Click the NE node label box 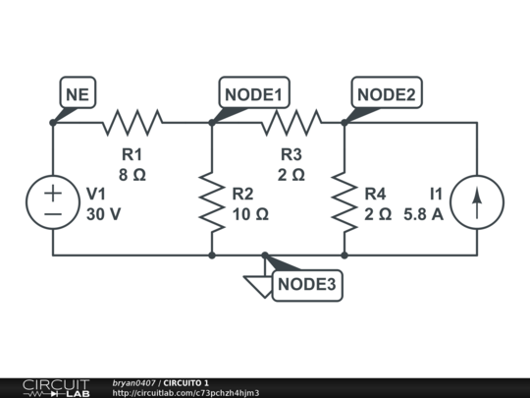click(x=76, y=93)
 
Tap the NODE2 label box click(x=387, y=93)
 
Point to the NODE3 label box click(x=307, y=285)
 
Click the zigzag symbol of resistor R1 click(x=132, y=123)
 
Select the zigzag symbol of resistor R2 click(x=212, y=201)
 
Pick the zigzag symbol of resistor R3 click(x=291, y=123)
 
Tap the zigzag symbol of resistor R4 click(x=344, y=201)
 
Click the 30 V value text click(x=104, y=213)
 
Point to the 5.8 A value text click(x=423, y=213)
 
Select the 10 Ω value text click(x=250, y=213)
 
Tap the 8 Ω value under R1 click(x=132, y=174)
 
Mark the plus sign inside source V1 click(x=53, y=194)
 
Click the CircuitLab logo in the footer click(x=55, y=387)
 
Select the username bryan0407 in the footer click(x=134, y=382)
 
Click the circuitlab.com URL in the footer click(x=185, y=393)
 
